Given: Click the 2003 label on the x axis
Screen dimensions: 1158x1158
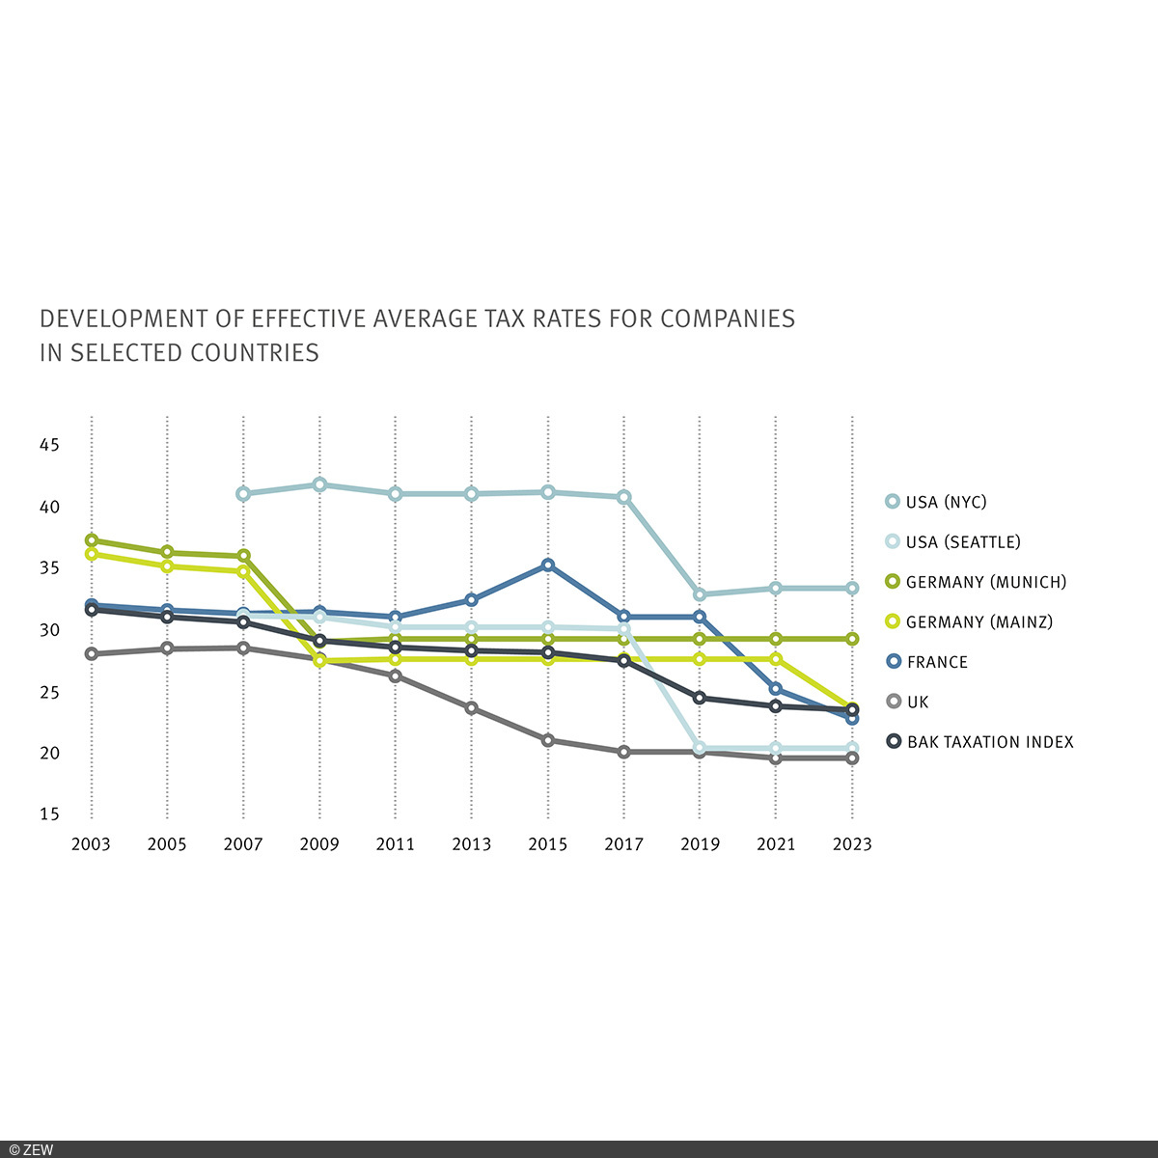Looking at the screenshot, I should coord(91,844).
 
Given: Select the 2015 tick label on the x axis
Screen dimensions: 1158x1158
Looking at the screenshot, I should coord(548,844).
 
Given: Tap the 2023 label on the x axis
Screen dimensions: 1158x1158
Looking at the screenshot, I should coord(852,844).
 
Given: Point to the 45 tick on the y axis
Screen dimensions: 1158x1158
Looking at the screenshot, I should coord(49,446).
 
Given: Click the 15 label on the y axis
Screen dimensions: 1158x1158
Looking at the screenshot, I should coord(49,814).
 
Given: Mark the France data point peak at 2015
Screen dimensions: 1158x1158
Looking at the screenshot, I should coord(548,565).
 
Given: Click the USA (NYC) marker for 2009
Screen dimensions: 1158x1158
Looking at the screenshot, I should coord(319,484).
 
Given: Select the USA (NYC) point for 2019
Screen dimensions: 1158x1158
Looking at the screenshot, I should coord(700,594).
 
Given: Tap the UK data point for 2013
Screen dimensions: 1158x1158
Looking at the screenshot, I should coord(472,708).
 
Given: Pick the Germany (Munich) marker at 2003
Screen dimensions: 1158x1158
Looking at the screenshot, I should coord(92,540).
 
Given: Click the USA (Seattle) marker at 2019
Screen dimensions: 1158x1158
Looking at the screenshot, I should coord(700,748).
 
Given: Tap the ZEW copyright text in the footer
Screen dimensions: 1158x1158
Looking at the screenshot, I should coord(29,1149).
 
